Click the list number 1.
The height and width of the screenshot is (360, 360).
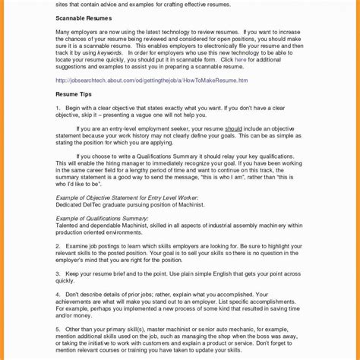click(x=58, y=107)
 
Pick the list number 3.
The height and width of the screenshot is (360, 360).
click(x=58, y=273)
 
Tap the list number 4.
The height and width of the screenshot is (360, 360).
click(x=58, y=294)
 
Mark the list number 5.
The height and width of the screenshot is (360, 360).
click(x=58, y=329)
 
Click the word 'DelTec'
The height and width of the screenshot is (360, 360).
click(x=98, y=204)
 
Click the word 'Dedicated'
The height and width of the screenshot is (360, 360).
click(x=71, y=204)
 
